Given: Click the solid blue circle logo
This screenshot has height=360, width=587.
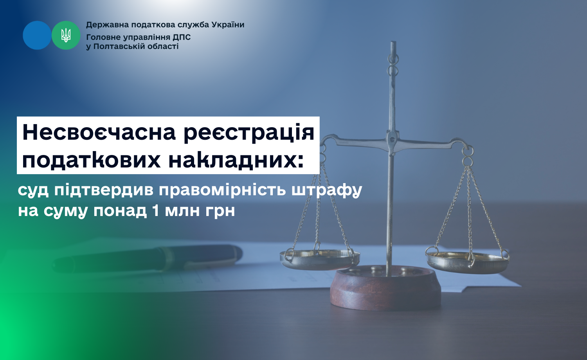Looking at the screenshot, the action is [x=37, y=35].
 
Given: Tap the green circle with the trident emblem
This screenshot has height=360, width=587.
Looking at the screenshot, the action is [x=66, y=35].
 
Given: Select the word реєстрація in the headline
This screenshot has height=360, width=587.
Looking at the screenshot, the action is [x=248, y=133].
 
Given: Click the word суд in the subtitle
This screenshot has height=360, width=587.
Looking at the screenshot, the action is [x=33, y=190].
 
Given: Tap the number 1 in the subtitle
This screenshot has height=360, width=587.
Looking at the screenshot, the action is [x=155, y=211].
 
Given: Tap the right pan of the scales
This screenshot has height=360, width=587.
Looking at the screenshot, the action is [x=467, y=263].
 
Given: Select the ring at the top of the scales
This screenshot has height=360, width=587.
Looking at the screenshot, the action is [x=393, y=59].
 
